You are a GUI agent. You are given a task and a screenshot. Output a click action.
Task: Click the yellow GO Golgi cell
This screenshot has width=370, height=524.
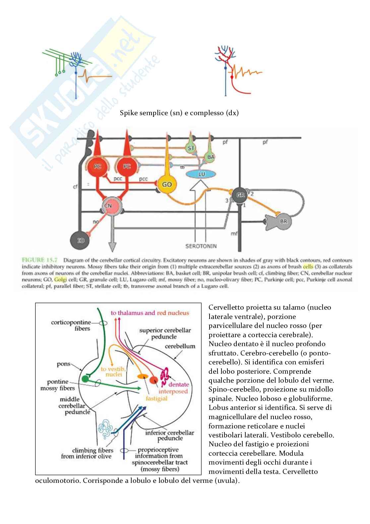(166, 185)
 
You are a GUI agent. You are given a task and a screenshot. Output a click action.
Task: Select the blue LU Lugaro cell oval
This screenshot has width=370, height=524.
(202, 174)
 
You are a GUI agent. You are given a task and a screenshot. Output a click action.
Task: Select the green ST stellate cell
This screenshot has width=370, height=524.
(190, 148)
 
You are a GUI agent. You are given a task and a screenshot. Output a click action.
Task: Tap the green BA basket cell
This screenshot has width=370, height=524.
(210, 157)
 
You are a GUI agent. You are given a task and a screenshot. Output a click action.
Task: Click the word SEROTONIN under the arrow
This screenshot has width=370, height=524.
(201, 246)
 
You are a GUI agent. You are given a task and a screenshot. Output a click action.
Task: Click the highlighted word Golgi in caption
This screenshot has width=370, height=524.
(60, 279)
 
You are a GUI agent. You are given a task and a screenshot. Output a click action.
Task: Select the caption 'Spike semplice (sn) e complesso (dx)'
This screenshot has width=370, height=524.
(179, 113)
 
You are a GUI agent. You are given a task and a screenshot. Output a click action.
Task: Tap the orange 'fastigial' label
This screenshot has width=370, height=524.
(156, 398)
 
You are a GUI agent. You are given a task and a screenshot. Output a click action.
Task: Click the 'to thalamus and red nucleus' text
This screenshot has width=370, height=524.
(150, 313)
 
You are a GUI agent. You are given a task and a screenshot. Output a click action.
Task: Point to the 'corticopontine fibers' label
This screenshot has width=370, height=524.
(70, 325)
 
